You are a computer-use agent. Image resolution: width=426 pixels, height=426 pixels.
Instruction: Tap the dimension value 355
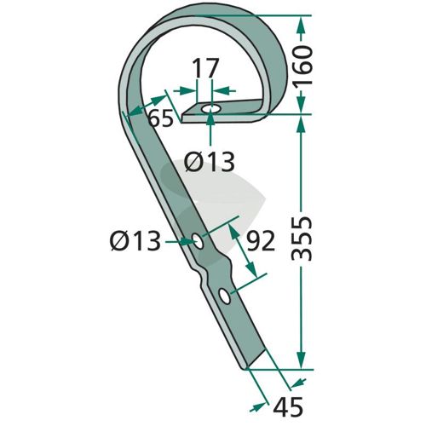[302, 239]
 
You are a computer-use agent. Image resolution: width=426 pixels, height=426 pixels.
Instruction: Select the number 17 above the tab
[205, 68]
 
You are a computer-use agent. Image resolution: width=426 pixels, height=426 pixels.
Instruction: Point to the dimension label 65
[161, 118]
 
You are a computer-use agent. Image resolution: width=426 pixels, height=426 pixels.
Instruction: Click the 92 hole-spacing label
[261, 241]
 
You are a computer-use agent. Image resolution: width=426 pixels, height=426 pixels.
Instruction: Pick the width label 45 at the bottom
[288, 406]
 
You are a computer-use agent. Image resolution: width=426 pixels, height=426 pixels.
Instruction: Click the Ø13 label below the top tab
[210, 162]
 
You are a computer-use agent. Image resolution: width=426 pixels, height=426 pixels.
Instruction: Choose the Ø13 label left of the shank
[135, 241]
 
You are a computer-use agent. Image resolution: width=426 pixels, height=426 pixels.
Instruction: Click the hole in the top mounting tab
[210, 109]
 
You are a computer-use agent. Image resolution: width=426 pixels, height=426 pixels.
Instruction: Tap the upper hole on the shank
[198, 241]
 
